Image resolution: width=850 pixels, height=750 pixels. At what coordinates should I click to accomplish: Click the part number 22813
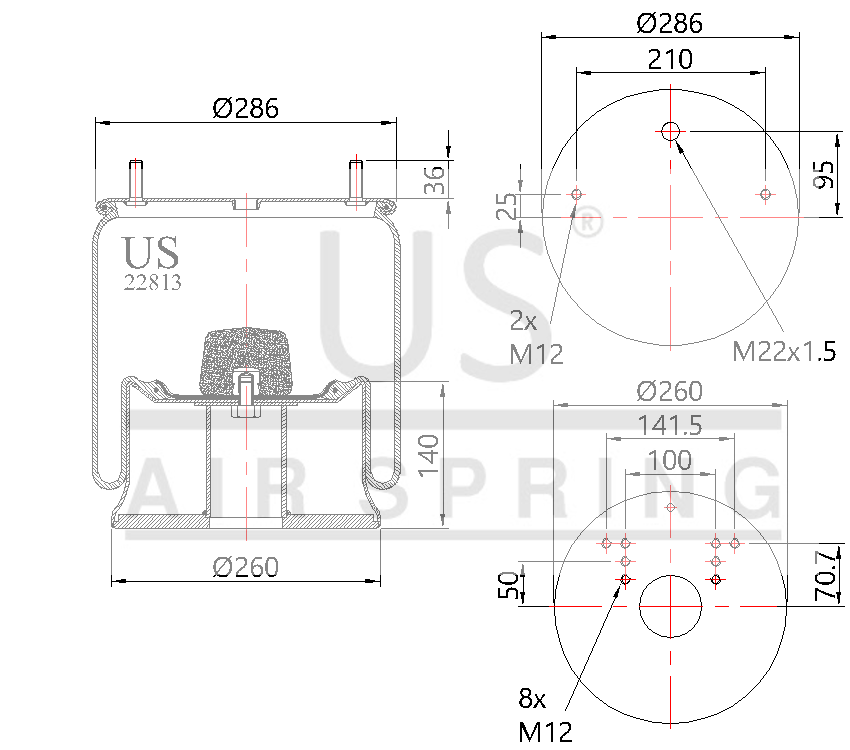152,282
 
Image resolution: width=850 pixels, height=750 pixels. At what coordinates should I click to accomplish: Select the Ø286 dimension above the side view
245,108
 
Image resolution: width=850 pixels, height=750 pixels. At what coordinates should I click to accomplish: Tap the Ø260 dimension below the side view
245,567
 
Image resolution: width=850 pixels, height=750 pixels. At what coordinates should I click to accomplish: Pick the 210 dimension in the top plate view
670,59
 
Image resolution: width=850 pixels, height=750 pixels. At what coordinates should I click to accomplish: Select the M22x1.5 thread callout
783,350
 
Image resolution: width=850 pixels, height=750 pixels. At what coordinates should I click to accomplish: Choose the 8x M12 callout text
545,717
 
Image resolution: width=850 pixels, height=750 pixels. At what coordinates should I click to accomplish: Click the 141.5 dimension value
670,424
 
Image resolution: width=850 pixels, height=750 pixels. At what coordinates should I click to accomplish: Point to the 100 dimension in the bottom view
670,460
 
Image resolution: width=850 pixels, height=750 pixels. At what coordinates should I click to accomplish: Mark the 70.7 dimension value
825,574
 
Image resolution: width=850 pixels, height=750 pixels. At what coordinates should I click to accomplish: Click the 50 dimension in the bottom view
508,584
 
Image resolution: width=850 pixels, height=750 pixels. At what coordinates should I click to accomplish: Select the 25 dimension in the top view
508,206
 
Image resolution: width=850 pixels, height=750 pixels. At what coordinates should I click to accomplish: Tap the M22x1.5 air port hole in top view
670,130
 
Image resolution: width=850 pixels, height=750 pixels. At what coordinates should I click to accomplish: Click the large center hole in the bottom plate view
670,606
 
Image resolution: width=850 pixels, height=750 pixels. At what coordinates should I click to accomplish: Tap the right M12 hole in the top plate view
765,194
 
